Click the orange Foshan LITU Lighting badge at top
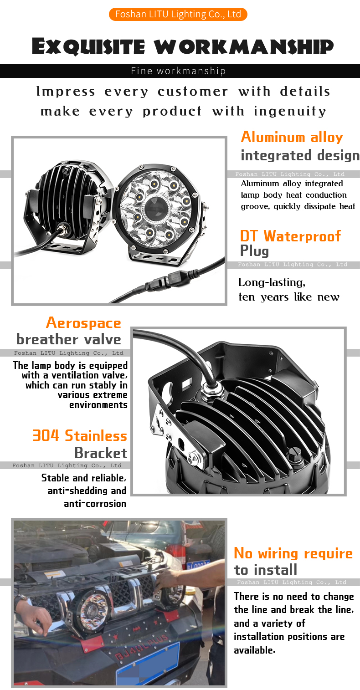(x=178, y=14)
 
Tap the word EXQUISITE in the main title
(x=88, y=46)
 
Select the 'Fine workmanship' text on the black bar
(x=178, y=71)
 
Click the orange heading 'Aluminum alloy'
(x=292, y=137)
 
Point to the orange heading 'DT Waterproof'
(x=290, y=236)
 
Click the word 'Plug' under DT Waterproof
(x=254, y=251)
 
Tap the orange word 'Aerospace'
(x=83, y=323)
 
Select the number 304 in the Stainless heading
(x=46, y=435)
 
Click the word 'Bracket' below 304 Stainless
(x=101, y=453)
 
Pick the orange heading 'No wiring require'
(x=293, y=553)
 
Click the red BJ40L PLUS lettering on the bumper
(x=141, y=647)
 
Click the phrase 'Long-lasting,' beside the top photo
(x=272, y=282)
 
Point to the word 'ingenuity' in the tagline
(x=290, y=112)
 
